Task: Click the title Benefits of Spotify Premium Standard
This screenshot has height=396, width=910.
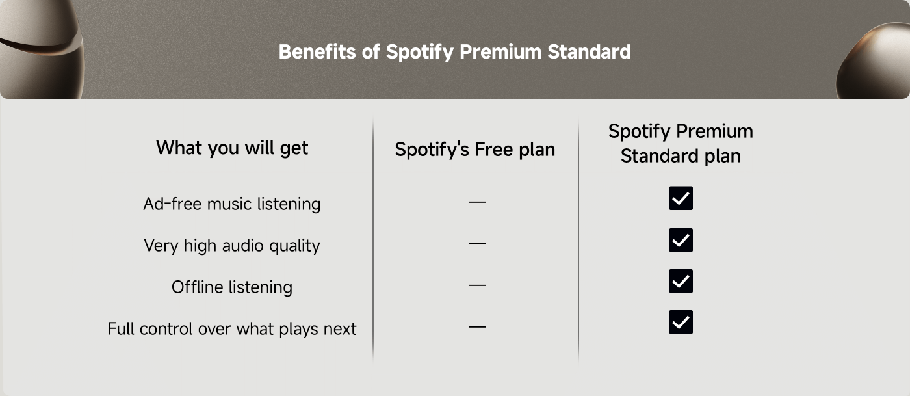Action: tap(454, 51)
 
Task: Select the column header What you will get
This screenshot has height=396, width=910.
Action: tap(232, 148)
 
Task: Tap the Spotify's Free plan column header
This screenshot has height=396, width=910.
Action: tap(475, 150)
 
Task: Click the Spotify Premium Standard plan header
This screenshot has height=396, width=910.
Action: tap(681, 144)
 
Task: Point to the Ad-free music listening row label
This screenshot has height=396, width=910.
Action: tap(232, 204)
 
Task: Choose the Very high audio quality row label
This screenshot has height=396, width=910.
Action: tap(232, 246)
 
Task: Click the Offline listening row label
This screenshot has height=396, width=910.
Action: tap(232, 287)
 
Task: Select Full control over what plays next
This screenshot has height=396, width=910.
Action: tap(232, 329)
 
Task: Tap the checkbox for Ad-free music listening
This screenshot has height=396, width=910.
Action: tap(681, 198)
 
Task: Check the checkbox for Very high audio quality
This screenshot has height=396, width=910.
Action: tap(681, 240)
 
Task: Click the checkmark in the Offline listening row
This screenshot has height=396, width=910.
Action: tap(681, 281)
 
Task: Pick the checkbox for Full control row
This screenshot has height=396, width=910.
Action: tap(681, 322)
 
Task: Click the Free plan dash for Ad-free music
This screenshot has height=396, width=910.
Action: tap(476, 202)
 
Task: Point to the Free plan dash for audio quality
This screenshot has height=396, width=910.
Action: tap(476, 243)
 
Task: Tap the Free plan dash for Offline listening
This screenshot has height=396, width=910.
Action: tap(476, 285)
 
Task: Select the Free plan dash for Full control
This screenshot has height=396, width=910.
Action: tap(476, 326)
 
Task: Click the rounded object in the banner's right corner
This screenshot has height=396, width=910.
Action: tap(877, 62)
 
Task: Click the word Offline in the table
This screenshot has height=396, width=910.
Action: tap(196, 287)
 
